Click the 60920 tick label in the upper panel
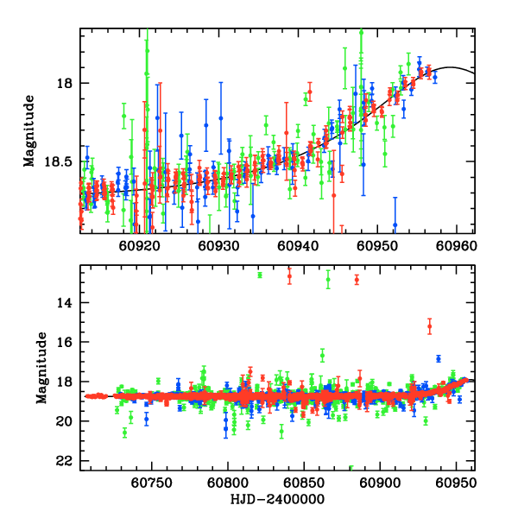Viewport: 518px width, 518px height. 140,245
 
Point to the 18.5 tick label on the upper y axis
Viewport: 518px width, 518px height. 61,161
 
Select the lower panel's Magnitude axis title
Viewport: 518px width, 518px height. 41,368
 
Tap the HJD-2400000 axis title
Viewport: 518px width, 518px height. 277,499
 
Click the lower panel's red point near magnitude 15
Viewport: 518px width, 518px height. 429,325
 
